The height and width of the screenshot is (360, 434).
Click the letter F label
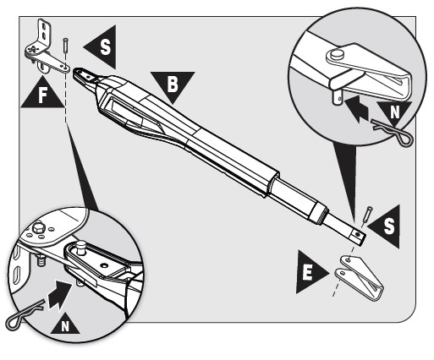pos(42,95)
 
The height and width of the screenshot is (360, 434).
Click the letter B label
pos(173,84)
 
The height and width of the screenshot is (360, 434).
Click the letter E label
pos(308,272)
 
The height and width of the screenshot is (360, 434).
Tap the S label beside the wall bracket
pos(105,47)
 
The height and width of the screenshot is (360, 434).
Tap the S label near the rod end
pos(388,226)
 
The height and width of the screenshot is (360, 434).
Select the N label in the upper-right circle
pos(395,112)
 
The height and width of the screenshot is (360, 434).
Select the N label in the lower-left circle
pos(65,326)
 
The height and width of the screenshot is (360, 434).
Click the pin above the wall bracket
pos(66,45)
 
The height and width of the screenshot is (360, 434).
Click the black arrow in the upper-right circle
pos(356,109)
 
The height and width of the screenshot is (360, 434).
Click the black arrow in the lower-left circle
pos(58,295)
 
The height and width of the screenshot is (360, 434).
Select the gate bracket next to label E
pos(359,276)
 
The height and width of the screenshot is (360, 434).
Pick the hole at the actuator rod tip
pos(358,234)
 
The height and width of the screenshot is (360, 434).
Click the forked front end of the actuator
pos(84,75)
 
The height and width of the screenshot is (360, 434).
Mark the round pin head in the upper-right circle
pos(335,54)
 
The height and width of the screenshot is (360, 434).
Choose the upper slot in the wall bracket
pos(43,26)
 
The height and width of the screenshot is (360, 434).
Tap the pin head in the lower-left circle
pos(80,244)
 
